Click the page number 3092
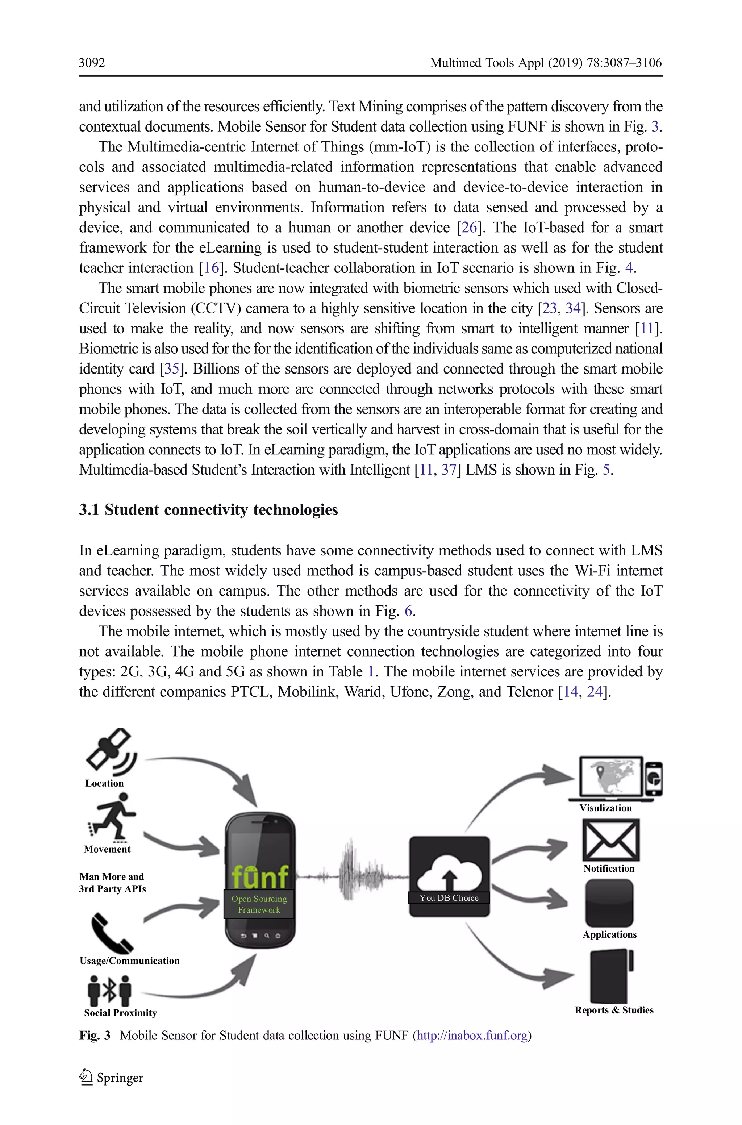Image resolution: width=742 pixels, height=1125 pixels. pos(92,63)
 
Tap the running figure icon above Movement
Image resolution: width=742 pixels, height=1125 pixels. pos(112,817)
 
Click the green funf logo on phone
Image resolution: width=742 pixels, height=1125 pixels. pos(260,875)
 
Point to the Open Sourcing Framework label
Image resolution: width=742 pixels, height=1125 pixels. pos(259,904)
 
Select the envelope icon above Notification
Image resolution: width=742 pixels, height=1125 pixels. pos(610,840)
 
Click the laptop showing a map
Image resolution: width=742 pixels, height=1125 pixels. pos(612,778)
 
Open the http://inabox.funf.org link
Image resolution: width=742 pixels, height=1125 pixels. pos(472,1036)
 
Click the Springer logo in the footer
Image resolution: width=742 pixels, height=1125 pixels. pos(111,1078)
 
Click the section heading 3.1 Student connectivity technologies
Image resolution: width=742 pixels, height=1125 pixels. pos(208,510)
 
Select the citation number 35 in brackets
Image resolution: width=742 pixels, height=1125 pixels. pos(171,369)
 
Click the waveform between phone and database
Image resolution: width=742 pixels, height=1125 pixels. pos(351,876)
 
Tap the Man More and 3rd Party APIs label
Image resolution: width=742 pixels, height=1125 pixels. pos(112,883)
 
